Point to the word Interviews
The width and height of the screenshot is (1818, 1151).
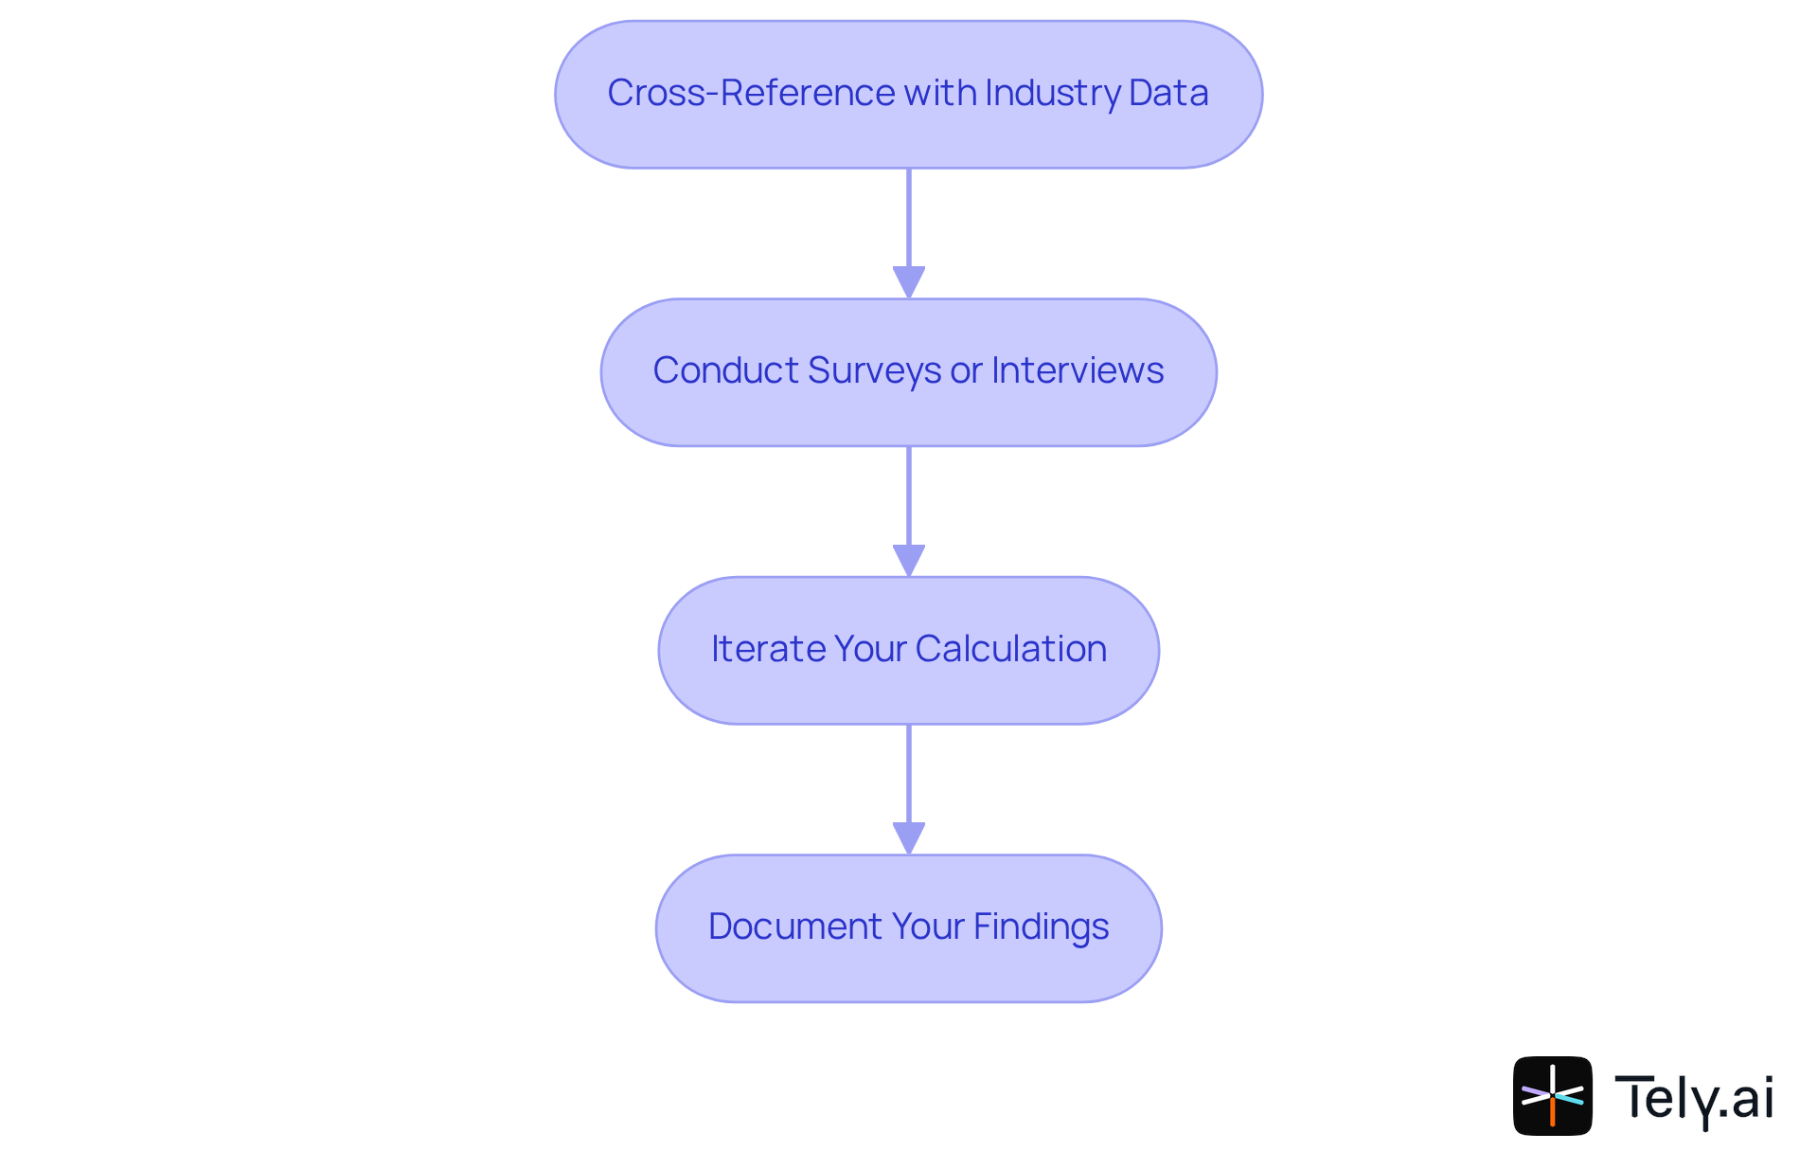coord(1078,370)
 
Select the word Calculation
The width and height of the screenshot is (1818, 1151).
coord(1010,649)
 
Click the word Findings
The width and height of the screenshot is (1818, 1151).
coord(1041,926)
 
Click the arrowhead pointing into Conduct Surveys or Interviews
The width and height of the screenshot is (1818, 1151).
coord(909,282)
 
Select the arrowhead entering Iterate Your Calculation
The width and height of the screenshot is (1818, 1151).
coord(909,560)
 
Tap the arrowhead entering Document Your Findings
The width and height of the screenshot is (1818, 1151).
coord(909,837)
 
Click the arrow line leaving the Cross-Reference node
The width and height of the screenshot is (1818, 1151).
coord(909,218)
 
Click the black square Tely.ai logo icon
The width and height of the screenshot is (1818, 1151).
coord(1552,1095)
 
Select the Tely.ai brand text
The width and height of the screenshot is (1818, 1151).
coord(1694,1097)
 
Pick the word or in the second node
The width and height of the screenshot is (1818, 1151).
coord(966,370)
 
